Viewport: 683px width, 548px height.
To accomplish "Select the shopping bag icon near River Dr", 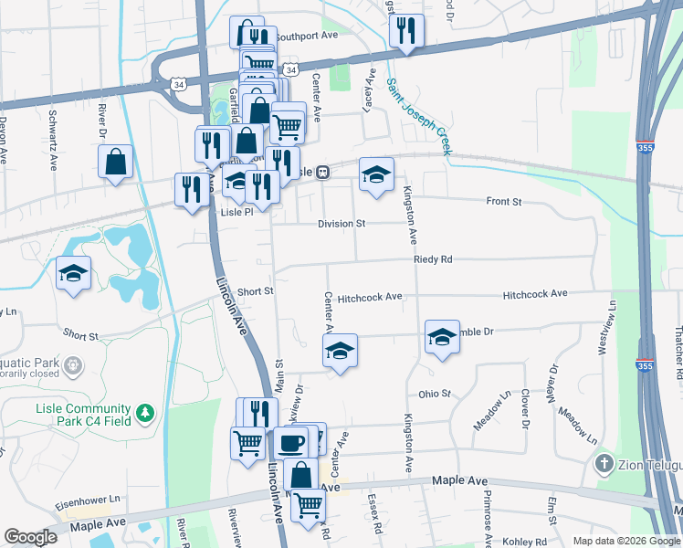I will click(116, 163).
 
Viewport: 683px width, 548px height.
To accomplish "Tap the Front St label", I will click(503, 201).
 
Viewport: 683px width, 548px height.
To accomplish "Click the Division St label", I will click(341, 224).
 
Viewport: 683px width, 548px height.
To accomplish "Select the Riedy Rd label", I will click(433, 259).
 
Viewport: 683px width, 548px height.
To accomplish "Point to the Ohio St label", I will click(435, 394).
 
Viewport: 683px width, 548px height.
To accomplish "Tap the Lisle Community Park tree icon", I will click(144, 416).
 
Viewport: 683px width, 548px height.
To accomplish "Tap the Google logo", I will click(30, 537).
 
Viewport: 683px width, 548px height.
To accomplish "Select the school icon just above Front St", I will click(373, 173).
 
